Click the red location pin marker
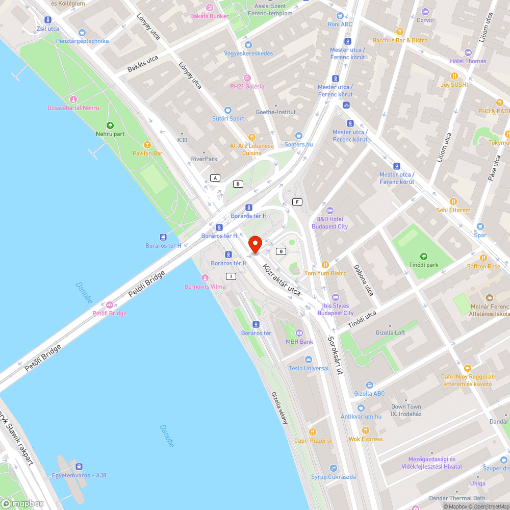pyautogui.click(x=254, y=244)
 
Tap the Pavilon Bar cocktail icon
pyautogui.click(x=147, y=145)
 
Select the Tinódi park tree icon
pyautogui.click(x=423, y=256)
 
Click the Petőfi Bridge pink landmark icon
pyautogui.click(x=109, y=305)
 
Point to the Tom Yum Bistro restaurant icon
pyautogui.click(x=325, y=265)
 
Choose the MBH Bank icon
pyautogui.click(x=299, y=333)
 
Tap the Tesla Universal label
pyautogui.click(x=309, y=368)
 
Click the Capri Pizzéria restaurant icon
pyautogui.click(x=313, y=432)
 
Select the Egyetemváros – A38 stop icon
pyautogui.click(x=79, y=467)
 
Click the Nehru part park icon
pyautogui.click(x=110, y=125)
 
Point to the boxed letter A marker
pyautogui.click(x=215, y=177)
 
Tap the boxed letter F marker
pyautogui.click(x=297, y=202)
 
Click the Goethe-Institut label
pyautogui.click(x=275, y=112)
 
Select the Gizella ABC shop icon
pyautogui.click(x=369, y=385)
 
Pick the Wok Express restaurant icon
pyautogui.click(x=365, y=430)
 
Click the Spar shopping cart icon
pyautogui.click(x=480, y=226)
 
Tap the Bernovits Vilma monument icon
pyautogui.click(x=205, y=278)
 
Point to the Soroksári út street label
pyautogui.click(x=336, y=355)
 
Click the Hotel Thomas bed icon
pyautogui.click(x=468, y=53)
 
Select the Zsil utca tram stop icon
pyautogui.click(x=47, y=20)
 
